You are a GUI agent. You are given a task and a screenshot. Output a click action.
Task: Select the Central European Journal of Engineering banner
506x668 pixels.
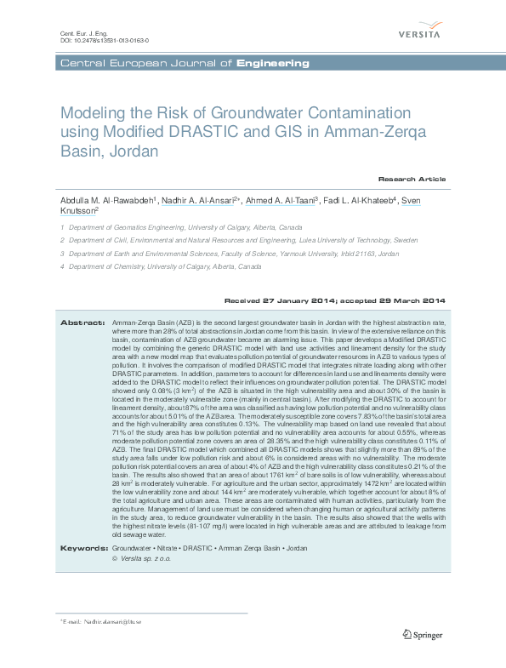183,64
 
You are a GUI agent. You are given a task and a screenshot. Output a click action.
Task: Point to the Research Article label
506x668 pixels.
412,180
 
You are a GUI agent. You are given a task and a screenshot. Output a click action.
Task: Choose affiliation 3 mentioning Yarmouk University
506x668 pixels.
234,254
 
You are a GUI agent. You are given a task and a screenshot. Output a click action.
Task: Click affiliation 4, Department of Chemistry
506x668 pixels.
165,266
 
